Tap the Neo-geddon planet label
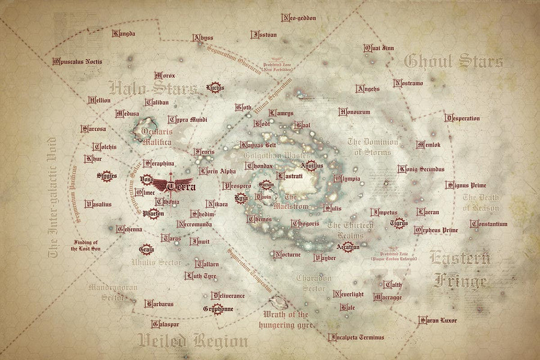(x=298, y=18)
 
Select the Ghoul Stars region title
(x=454, y=61)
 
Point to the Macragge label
(x=388, y=297)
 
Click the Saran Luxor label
(x=437, y=320)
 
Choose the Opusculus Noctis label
(x=77, y=61)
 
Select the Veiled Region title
(x=192, y=342)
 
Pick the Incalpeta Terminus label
(x=356, y=337)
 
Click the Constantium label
(x=489, y=224)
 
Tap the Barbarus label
(x=159, y=304)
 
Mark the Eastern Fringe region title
(x=460, y=268)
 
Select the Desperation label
(x=463, y=118)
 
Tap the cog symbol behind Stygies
(x=106, y=176)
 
